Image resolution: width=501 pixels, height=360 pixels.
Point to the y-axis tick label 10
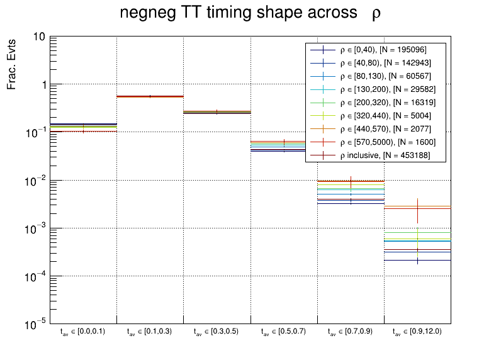(x=38, y=37)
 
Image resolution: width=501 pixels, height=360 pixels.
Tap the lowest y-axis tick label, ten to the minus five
(x=35, y=323)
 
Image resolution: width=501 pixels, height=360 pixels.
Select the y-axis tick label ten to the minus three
(x=35, y=228)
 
